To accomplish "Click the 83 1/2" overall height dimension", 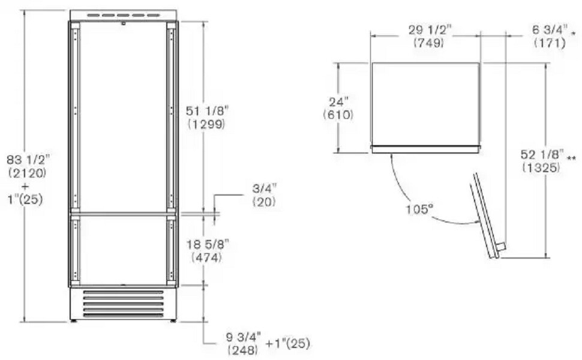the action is point(28,160).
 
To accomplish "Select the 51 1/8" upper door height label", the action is point(208,110).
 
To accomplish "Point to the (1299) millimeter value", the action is point(207,124).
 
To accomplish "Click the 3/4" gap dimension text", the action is point(264,188).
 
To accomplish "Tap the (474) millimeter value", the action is point(207,257).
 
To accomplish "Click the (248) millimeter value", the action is point(243,350).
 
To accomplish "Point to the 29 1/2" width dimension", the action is point(430,29).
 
